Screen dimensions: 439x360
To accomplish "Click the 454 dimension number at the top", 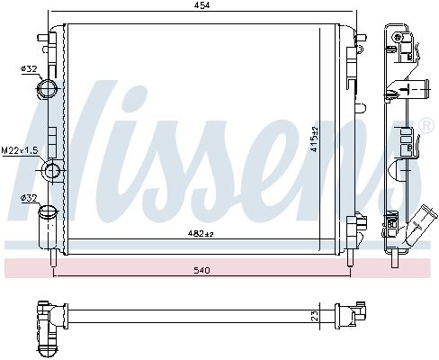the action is tap(202, 5).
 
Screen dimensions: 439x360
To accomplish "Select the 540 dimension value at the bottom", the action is tap(202, 271).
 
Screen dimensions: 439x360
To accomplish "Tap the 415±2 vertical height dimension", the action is tap(315, 139).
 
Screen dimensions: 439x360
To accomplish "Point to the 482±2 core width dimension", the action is tap(201, 233).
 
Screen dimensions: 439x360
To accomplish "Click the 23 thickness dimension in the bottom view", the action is tap(315, 316).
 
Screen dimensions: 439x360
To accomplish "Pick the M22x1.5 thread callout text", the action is tap(20, 150).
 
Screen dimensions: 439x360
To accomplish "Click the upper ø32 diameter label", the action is tap(29, 69).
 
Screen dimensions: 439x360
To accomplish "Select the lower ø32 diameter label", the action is tap(29, 198).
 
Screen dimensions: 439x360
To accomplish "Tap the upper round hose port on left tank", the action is tap(48, 89).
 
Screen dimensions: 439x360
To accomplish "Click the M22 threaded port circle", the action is tap(53, 170).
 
